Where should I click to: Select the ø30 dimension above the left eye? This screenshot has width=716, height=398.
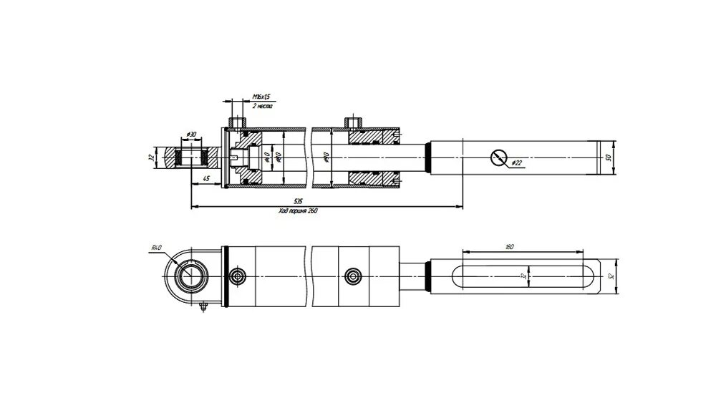(x=191, y=135)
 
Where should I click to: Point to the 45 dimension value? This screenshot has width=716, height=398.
(x=206, y=178)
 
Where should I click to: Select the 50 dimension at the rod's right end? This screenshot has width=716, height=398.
(x=607, y=157)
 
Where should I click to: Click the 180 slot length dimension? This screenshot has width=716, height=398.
(x=510, y=247)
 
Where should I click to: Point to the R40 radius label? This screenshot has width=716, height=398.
(x=157, y=248)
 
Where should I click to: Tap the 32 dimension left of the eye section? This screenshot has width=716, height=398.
(x=151, y=157)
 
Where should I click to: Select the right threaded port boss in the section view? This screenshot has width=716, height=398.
(x=351, y=122)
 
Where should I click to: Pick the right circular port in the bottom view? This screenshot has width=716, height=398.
(x=351, y=276)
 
